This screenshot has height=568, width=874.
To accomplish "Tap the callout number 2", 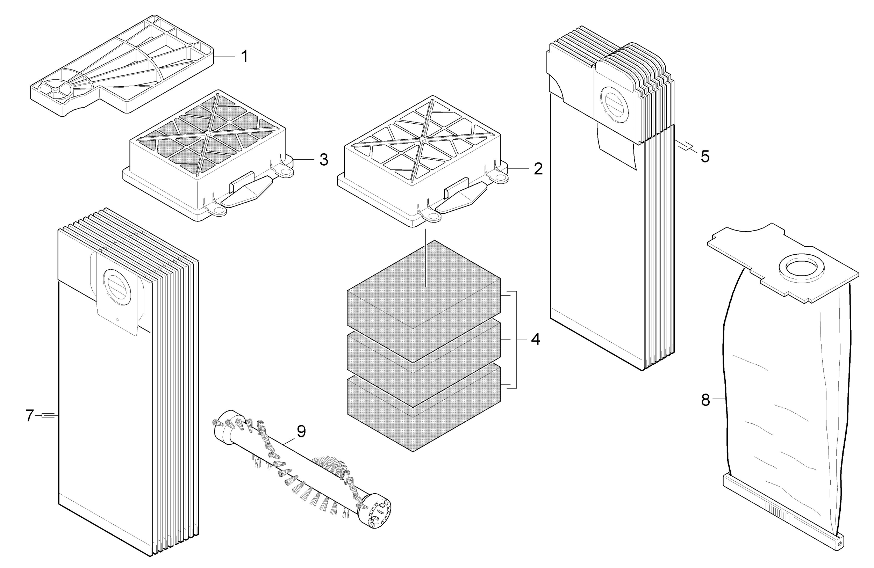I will pos(538,169).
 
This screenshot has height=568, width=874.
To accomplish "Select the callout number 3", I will pos(323,160).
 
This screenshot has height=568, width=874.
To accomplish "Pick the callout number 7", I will pos(30,416).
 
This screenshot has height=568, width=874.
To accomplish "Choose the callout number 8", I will pos(705,400).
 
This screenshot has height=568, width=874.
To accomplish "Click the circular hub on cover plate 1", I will pos(55,89).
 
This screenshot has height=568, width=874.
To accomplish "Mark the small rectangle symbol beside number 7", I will pos(49,415).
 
